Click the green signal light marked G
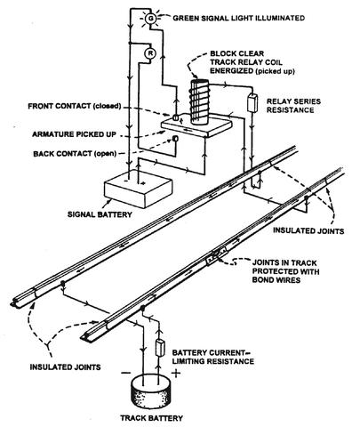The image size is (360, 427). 151,19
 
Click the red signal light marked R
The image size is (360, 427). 150,53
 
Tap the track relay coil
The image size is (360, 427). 199,101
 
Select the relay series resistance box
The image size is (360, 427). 252,102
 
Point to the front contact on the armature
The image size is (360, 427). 176,117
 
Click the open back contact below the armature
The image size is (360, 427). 175,139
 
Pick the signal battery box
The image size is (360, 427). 139,189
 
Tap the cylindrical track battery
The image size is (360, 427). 151,391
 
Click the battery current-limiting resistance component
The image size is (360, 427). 160,348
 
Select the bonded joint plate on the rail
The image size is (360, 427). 216,256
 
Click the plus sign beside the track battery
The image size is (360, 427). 176,373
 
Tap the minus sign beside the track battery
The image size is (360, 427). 126,373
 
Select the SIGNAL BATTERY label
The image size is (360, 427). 100,214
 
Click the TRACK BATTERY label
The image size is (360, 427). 151,418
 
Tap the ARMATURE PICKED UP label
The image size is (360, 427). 74,134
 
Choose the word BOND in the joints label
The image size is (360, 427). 264,280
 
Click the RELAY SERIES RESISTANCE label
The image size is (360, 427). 293,106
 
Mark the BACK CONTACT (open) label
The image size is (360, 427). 75,154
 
